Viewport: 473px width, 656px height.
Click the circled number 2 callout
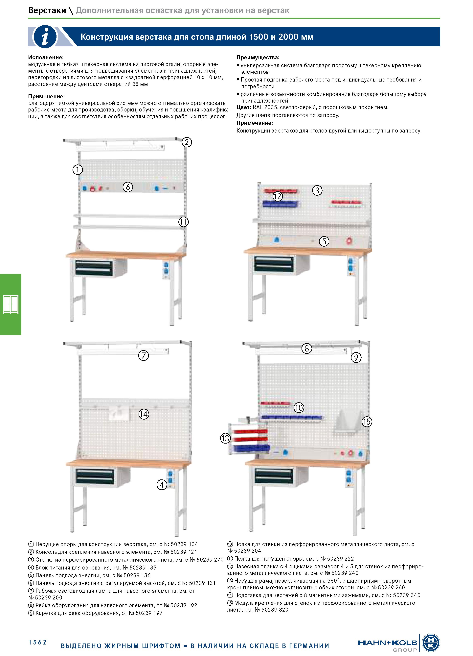point(187,142)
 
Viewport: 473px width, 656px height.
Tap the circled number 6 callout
point(128,187)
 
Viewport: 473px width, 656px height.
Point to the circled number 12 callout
point(278,196)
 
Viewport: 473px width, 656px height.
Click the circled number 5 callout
point(324,241)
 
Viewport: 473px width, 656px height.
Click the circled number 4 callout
point(162,484)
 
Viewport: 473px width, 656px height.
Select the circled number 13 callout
point(225,438)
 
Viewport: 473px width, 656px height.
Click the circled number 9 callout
point(356,358)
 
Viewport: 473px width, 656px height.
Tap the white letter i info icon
point(45,37)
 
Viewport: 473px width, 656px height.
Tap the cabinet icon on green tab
point(11,304)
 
